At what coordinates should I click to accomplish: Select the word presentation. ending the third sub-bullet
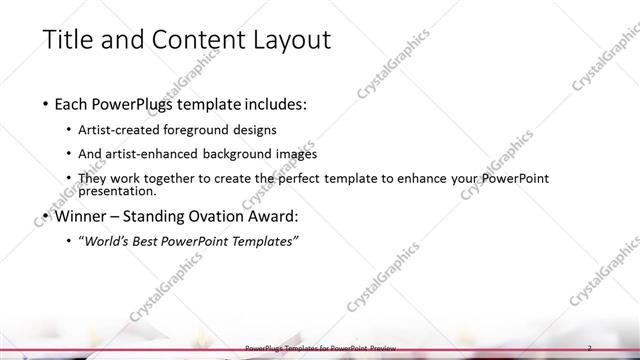click(117, 190)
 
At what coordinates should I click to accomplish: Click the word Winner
click(80, 215)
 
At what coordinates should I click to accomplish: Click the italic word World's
click(106, 241)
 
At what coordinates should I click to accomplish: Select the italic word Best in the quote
click(145, 241)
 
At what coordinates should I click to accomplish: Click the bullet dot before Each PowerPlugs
click(46, 104)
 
